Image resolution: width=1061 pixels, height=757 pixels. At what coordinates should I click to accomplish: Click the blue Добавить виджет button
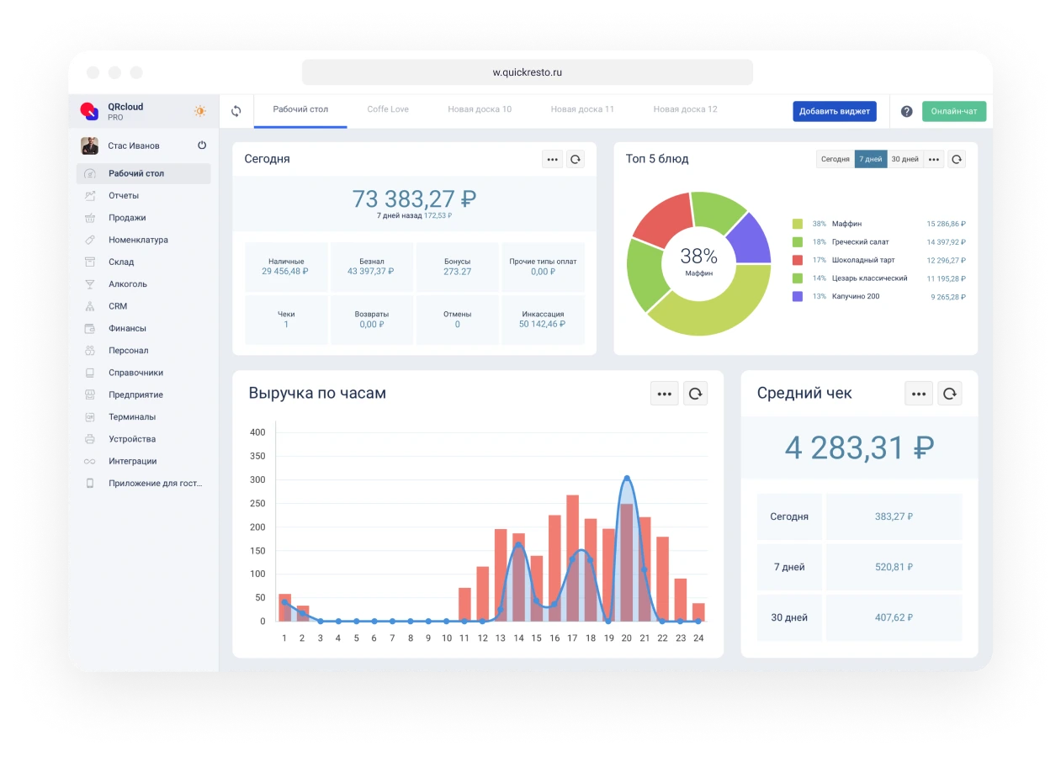coord(834,111)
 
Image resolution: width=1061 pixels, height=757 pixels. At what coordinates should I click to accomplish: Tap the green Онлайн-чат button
coord(953,111)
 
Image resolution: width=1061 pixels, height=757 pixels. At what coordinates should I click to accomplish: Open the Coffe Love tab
coord(388,109)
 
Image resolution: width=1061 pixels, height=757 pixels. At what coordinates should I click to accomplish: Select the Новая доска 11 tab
coord(582,109)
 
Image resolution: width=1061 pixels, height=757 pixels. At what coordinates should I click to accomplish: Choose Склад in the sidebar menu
coord(121,262)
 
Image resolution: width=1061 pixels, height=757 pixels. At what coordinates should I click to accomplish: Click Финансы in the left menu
coord(127,328)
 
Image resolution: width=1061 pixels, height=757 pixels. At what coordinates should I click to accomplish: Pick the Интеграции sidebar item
coord(132,461)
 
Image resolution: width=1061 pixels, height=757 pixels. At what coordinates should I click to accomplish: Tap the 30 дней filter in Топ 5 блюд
coord(905,159)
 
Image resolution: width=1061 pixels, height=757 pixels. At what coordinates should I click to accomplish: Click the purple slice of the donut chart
coord(749,239)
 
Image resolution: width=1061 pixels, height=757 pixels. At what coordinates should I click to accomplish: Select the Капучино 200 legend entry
coord(856,296)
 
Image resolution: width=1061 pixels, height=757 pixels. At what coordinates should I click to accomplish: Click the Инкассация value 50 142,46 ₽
coord(543,324)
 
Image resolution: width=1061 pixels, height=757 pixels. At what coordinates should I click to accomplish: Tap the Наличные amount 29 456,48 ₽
coord(285,272)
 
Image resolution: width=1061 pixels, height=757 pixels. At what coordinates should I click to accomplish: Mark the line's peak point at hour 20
coord(626,479)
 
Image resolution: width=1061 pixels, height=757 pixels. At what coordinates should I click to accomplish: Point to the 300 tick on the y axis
coord(257,480)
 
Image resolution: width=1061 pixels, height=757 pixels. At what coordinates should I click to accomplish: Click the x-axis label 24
coord(698,638)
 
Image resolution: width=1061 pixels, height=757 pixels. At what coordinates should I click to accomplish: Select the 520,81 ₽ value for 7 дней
coord(894,567)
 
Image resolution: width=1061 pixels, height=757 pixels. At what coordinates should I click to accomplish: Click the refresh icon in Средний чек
coord(949,393)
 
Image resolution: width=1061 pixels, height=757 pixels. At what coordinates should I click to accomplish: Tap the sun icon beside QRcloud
coord(200,111)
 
